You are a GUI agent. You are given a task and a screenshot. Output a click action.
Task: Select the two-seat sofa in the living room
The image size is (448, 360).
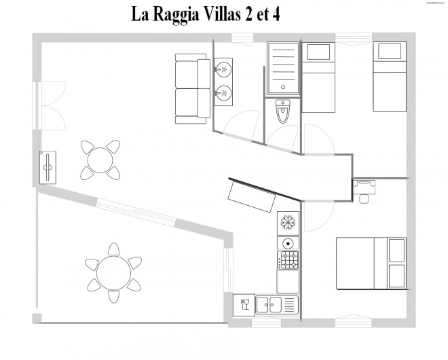(x=193, y=89)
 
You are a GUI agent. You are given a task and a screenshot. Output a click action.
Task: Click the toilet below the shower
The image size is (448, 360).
(x=283, y=111)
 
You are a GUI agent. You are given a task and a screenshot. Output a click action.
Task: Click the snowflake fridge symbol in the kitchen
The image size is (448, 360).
(x=287, y=223)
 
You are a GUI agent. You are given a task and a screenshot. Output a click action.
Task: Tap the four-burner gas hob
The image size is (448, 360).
(x=288, y=260)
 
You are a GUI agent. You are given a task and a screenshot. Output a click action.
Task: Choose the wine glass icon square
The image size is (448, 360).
(x=244, y=304)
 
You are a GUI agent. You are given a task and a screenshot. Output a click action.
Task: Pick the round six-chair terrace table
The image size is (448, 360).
(x=113, y=271)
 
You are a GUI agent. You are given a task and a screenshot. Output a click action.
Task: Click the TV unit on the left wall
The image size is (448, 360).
(x=48, y=166)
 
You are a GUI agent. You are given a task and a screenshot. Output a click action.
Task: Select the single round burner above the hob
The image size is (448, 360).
(x=288, y=243)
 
